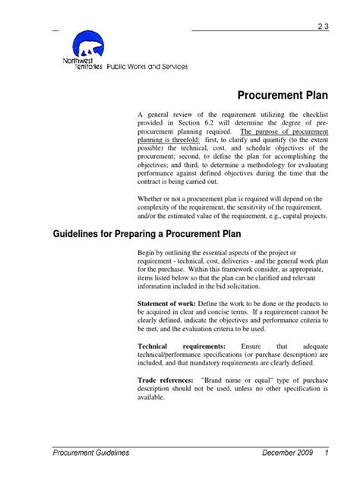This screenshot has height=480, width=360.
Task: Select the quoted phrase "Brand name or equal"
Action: [x=227, y=377]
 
